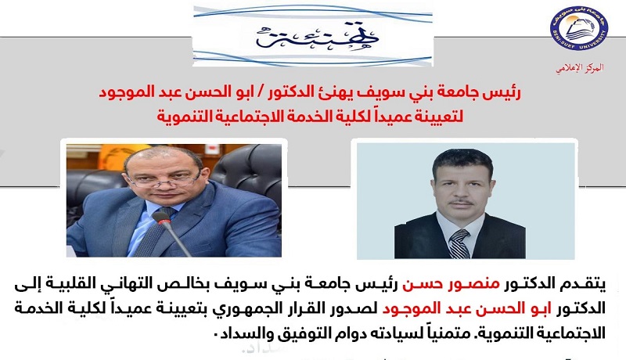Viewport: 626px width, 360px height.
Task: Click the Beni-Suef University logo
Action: [579, 29]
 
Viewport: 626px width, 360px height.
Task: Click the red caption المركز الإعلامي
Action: [580, 68]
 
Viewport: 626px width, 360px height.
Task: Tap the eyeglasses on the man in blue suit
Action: [164, 180]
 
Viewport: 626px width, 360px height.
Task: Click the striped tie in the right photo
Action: [459, 243]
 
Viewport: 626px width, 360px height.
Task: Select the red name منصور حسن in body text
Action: [451, 285]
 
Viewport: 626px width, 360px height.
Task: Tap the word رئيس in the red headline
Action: [506, 92]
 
